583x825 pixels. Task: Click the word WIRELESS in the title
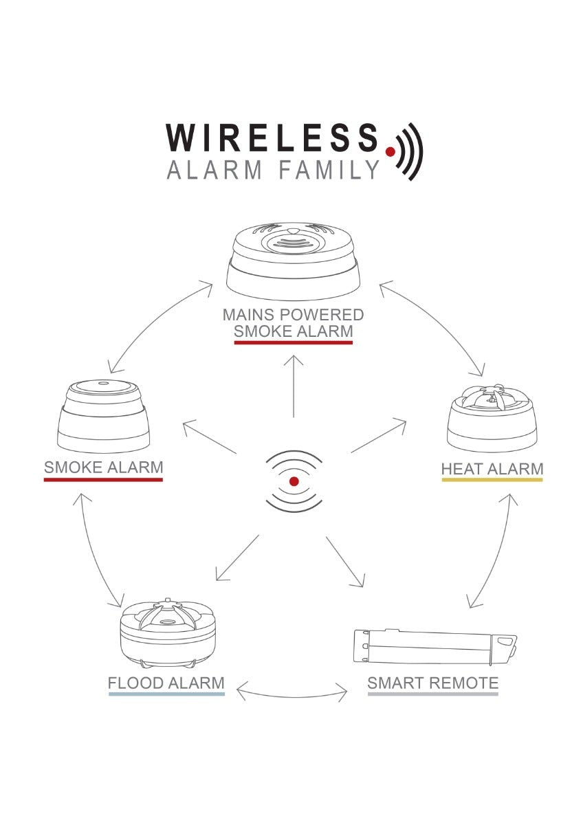(x=272, y=137)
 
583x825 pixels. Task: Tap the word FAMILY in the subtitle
(x=329, y=170)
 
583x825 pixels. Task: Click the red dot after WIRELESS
(x=390, y=151)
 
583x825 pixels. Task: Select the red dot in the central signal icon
(x=294, y=481)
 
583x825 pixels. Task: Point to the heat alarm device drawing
(x=492, y=418)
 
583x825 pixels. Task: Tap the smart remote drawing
(x=434, y=647)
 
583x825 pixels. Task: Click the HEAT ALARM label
(x=492, y=469)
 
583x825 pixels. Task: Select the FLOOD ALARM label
(x=166, y=683)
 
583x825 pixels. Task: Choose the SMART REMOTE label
(x=432, y=683)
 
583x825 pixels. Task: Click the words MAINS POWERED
(x=293, y=315)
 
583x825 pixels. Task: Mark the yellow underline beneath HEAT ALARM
(x=492, y=480)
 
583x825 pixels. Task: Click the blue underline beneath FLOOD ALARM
(x=166, y=694)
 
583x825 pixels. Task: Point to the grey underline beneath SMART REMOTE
(x=432, y=694)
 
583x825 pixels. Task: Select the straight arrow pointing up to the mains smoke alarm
(x=294, y=386)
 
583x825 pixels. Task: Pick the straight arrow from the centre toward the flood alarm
(x=237, y=558)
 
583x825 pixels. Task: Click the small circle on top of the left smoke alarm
(x=104, y=383)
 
